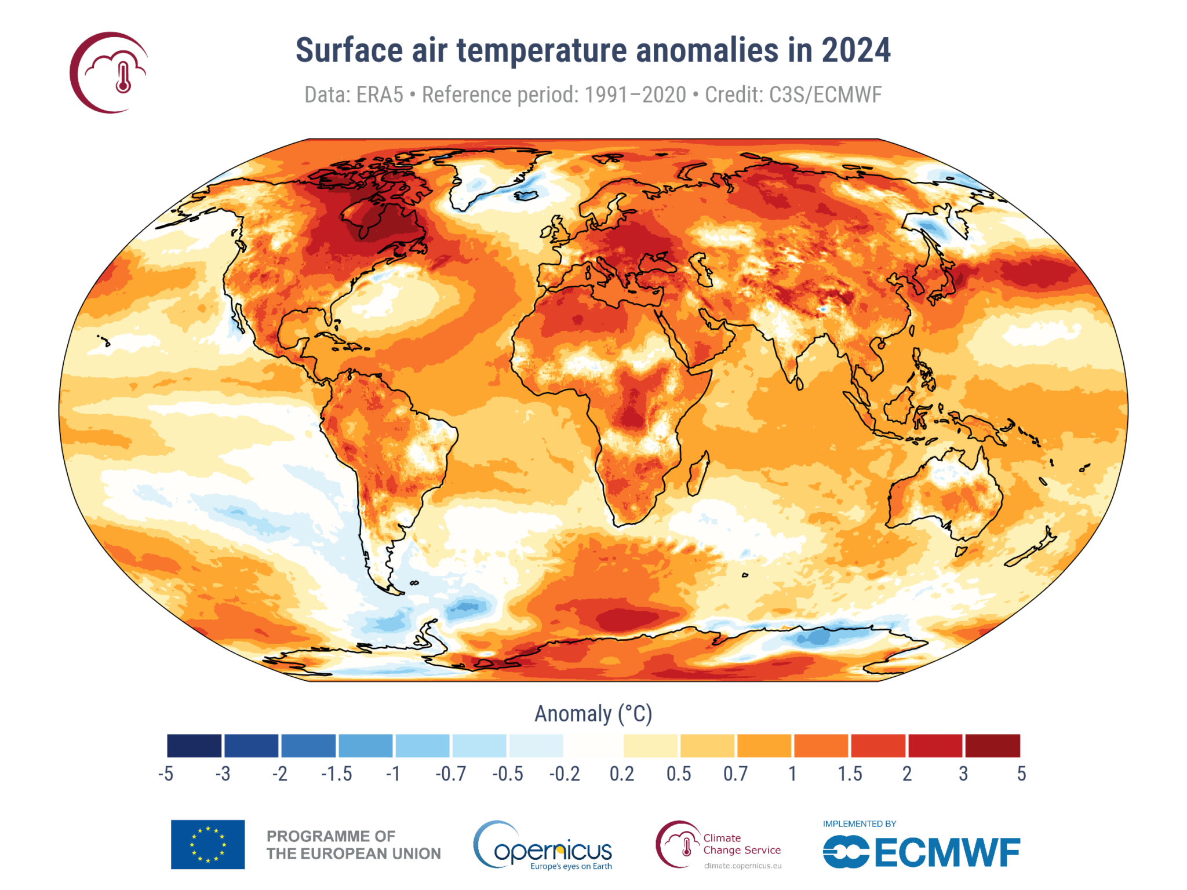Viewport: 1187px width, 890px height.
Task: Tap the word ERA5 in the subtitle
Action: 379,95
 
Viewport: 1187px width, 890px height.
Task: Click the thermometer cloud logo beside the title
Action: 110,73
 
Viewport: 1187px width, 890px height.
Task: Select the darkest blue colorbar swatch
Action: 194,746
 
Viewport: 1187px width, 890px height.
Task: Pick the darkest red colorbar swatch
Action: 992,746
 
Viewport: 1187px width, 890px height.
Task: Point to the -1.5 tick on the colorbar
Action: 337,774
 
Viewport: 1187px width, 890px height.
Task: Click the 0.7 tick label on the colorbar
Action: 735,774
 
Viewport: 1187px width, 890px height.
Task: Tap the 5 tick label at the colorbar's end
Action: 1021,774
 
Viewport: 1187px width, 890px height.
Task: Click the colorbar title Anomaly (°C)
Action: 593,714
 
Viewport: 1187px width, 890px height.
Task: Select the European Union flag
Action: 207,844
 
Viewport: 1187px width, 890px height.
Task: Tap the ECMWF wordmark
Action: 947,853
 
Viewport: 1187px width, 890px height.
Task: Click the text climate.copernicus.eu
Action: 742,866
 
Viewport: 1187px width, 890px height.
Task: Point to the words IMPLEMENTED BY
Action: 860,824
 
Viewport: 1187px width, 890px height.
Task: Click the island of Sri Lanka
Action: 799,384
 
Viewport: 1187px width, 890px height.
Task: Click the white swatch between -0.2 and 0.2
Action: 593,746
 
